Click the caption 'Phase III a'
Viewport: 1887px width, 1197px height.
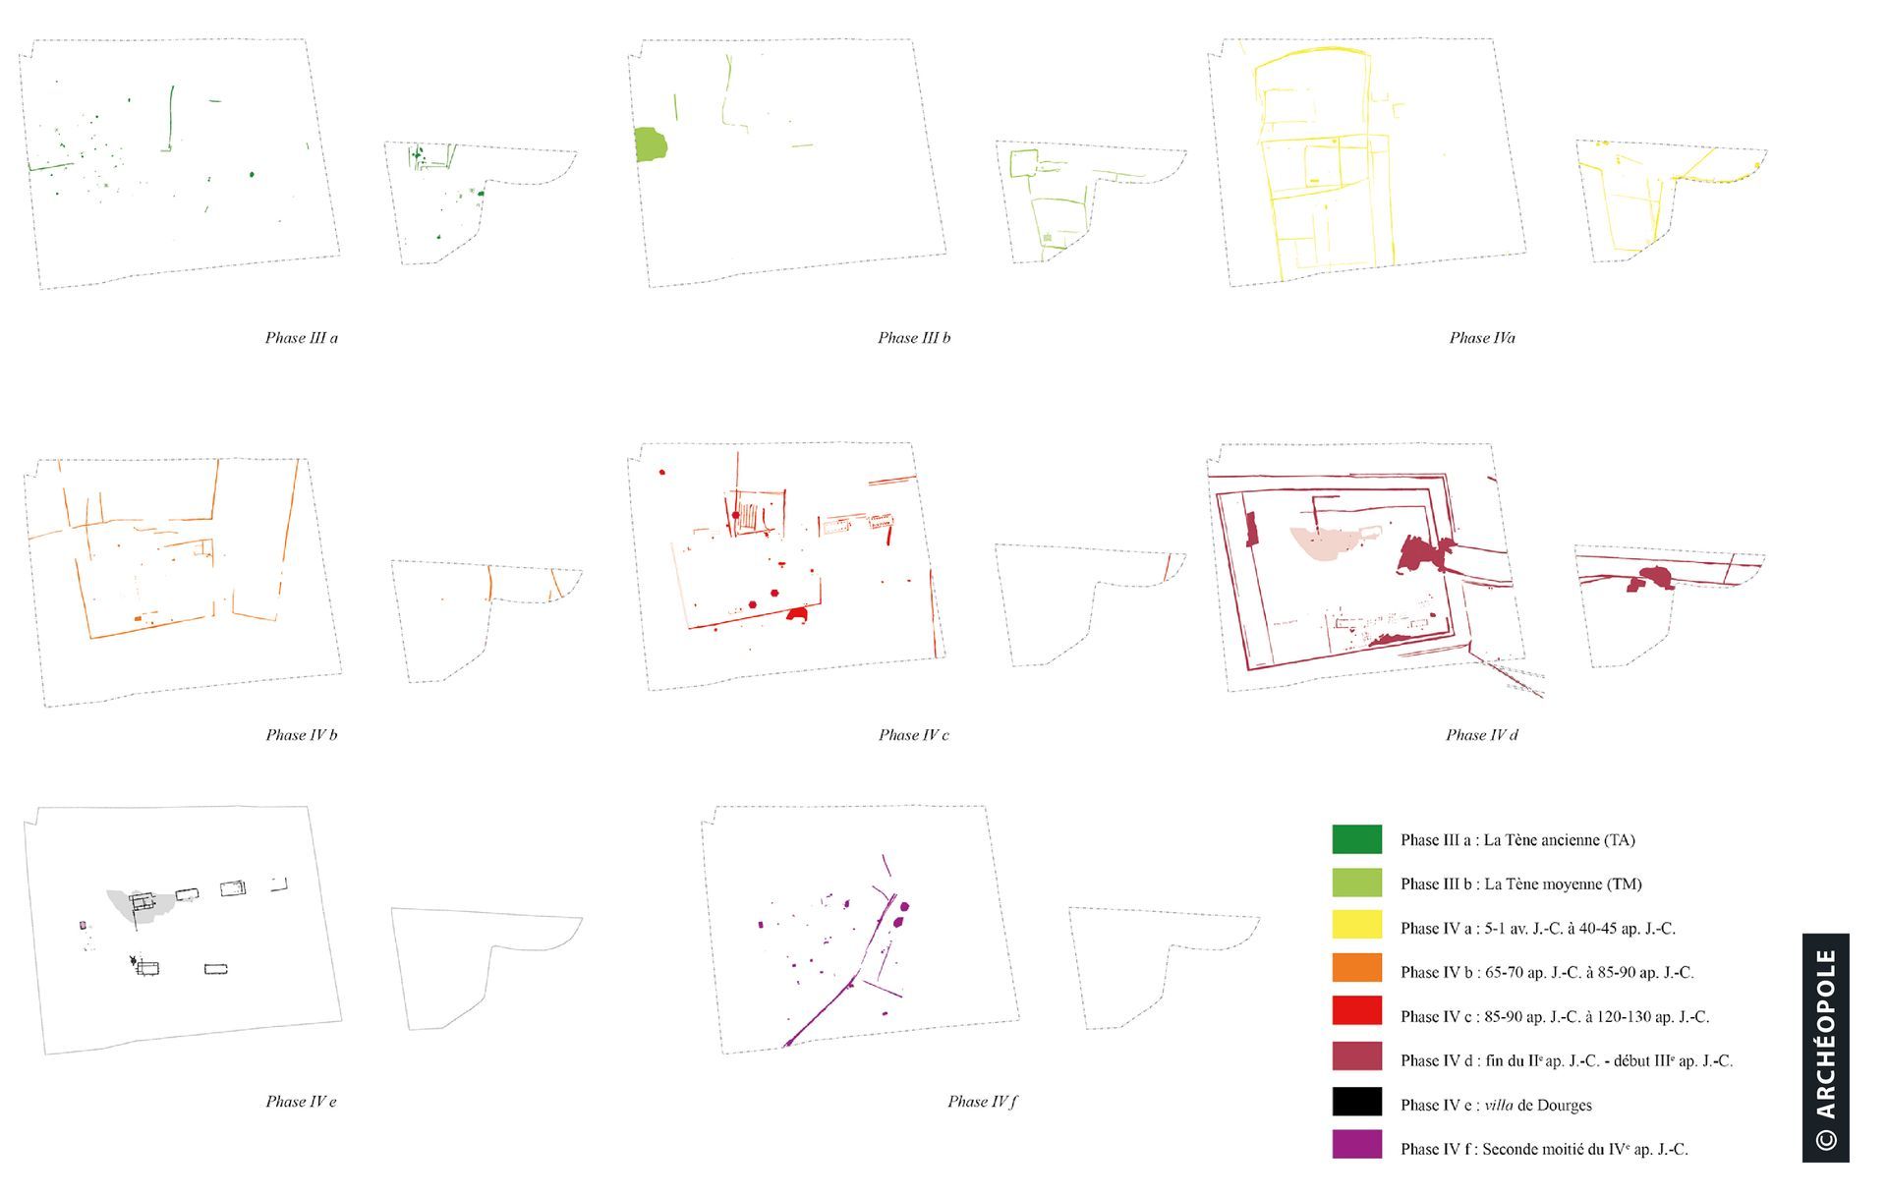tap(301, 338)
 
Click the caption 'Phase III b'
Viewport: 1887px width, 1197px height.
tap(914, 338)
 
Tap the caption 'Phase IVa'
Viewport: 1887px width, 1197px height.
tap(1482, 338)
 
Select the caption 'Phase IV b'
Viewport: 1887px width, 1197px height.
tap(301, 735)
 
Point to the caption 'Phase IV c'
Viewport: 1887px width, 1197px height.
tap(914, 735)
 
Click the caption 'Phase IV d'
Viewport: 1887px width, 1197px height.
tap(1482, 735)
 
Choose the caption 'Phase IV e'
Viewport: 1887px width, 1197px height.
tap(301, 1102)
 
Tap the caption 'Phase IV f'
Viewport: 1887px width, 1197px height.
tap(982, 1102)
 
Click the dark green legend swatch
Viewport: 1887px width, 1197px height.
tap(1356, 839)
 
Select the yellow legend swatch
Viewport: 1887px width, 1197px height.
tap(1356, 927)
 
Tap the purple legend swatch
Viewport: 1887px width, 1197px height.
tap(1356, 1145)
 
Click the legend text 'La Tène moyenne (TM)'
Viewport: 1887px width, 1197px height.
tap(1563, 884)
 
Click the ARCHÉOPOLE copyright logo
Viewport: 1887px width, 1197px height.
tap(1826, 1048)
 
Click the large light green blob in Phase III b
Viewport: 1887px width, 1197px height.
tap(651, 144)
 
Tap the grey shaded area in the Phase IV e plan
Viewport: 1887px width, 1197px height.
tap(136, 906)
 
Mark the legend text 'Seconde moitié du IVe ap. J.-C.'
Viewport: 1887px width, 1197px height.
tap(1585, 1149)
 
